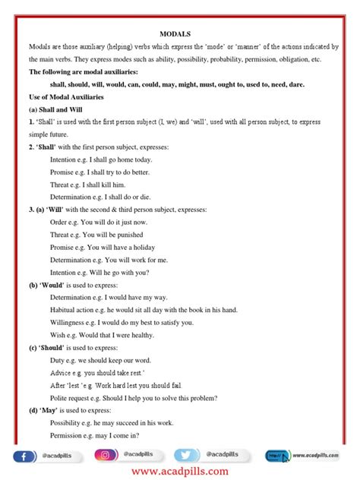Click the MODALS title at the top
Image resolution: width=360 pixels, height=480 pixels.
click(179, 33)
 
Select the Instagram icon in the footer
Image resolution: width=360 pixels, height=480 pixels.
click(106, 456)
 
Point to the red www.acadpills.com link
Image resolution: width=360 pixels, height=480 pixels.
click(179, 472)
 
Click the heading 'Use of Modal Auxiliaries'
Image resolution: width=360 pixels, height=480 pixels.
click(66, 97)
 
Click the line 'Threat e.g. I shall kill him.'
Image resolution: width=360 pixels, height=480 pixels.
click(87, 184)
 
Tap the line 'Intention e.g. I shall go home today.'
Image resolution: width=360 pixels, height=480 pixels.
click(100, 159)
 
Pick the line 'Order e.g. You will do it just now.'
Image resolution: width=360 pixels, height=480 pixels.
click(98, 221)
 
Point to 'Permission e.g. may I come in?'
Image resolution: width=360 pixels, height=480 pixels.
click(99, 435)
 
